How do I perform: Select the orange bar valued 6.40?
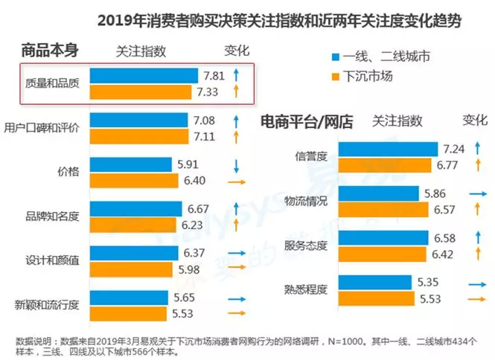pos(134,181)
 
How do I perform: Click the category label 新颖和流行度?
pos(50,305)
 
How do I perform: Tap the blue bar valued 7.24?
pos(388,150)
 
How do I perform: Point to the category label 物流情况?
pos(305,200)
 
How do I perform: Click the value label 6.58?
pos(450,237)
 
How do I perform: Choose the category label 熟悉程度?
pos(306,289)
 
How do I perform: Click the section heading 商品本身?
pos(50,51)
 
